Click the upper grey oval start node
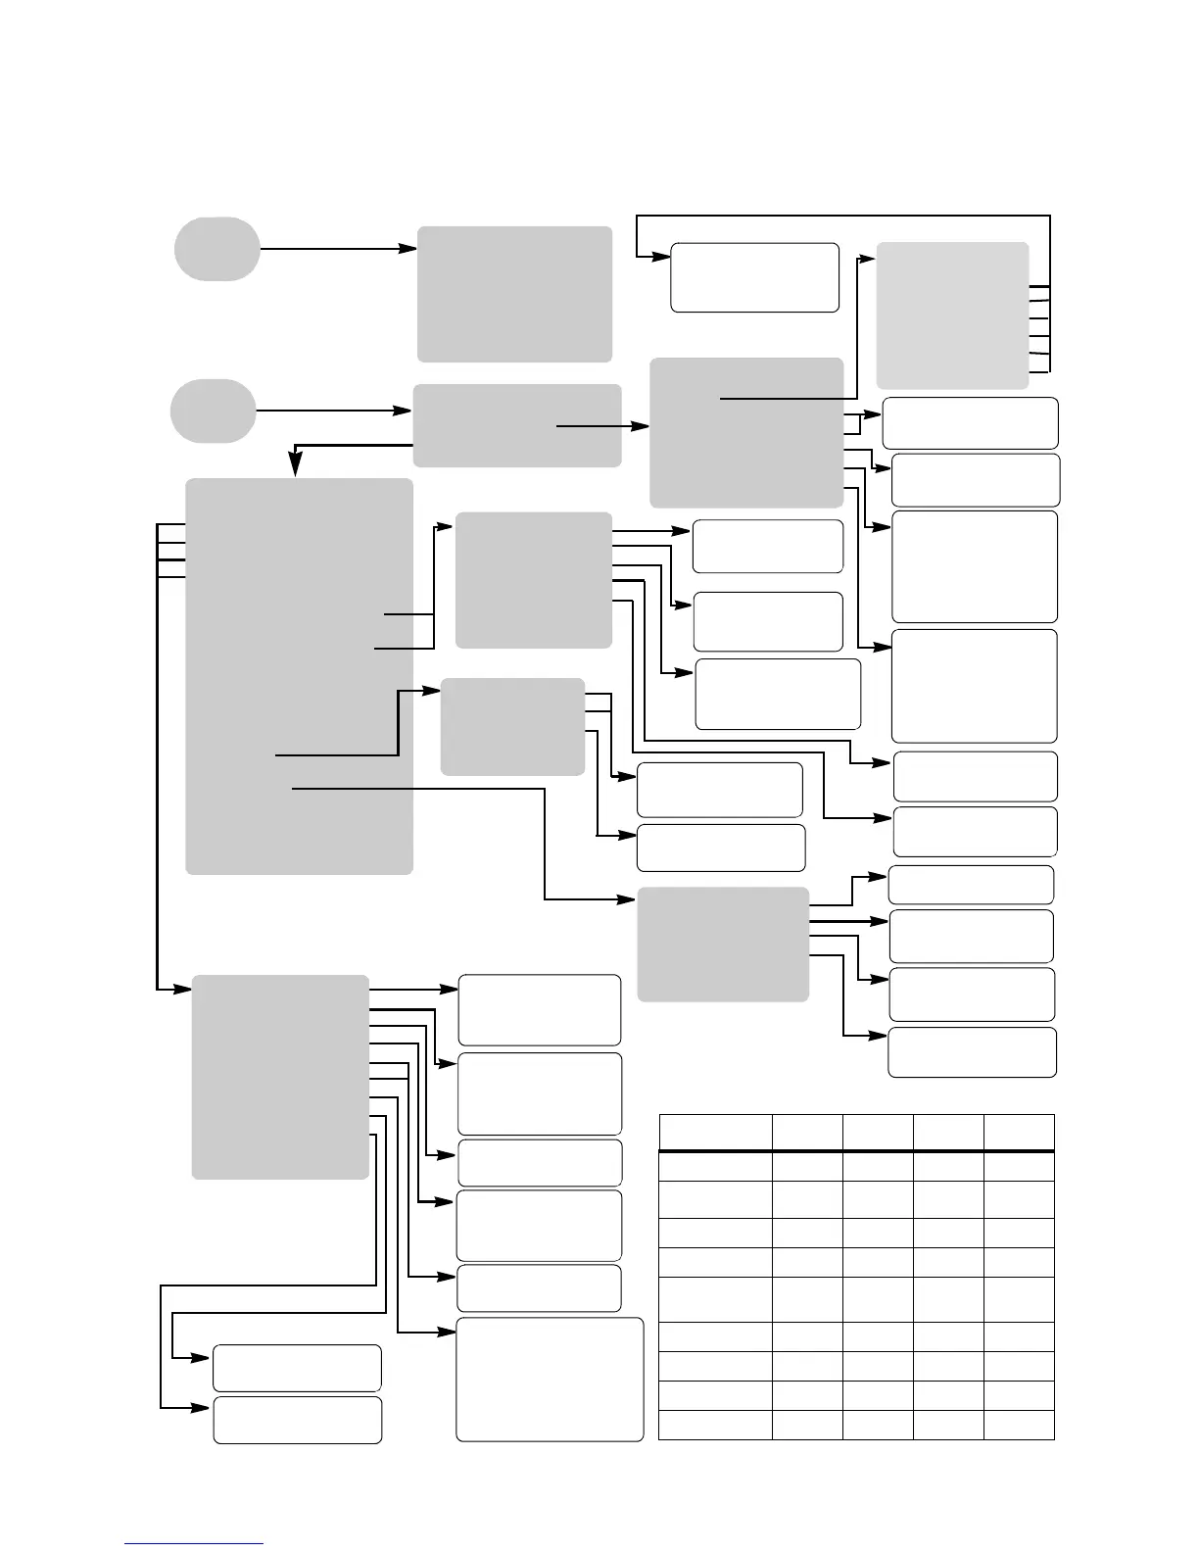217,249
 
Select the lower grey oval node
213,411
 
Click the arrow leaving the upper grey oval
333,249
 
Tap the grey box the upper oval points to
514,294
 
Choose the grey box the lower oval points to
516,425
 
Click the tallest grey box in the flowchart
299,676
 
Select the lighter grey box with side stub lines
952,315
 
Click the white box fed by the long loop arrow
754,277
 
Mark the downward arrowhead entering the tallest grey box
296,470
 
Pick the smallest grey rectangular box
512,726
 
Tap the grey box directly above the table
723,945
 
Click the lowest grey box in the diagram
280,1076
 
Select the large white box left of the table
550,1380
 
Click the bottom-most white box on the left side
297,1420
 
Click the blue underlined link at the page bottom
193,1543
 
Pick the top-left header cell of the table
715,1132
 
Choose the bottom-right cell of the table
1019,1425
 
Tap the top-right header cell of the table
1019,1132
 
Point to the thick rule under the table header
856,1151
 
